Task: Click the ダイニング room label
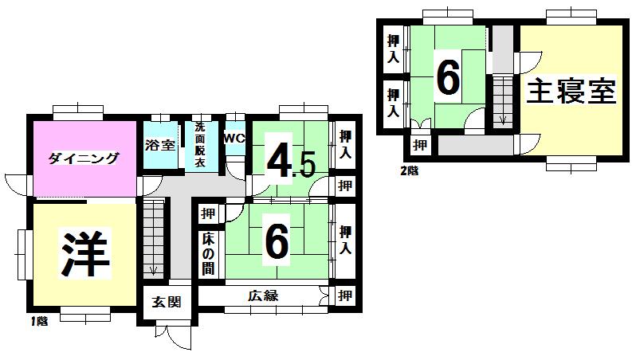click(83, 158)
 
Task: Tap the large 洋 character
click(85, 253)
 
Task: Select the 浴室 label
click(160, 145)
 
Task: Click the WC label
click(234, 138)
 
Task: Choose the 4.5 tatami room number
click(290, 162)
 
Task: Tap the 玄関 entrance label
click(167, 302)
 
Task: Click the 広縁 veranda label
click(261, 296)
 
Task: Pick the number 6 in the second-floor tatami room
click(448, 78)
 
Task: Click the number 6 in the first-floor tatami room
click(276, 242)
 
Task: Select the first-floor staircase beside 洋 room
click(153, 239)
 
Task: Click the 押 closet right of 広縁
click(344, 296)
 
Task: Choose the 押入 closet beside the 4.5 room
click(344, 144)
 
